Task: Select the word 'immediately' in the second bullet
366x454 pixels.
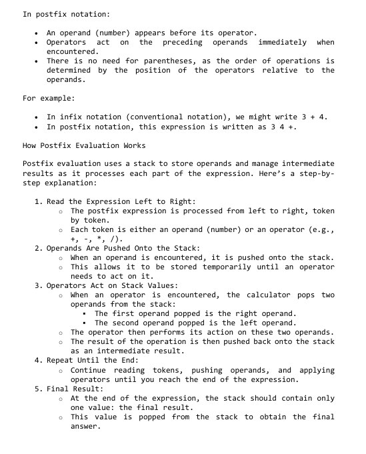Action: click(283, 42)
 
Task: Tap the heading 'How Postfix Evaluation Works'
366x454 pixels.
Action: click(84, 145)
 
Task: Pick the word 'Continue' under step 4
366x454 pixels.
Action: click(92, 369)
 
